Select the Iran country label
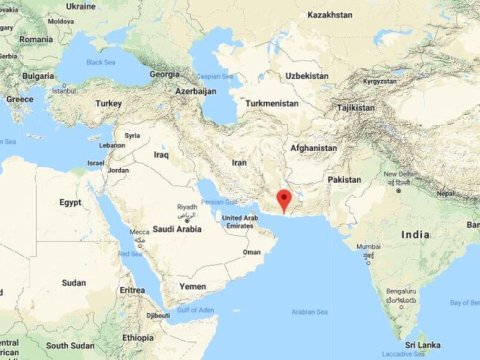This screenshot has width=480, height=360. (240, 161)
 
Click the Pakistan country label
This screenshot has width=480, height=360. (344, 179)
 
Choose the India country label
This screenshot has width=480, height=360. (415, 234)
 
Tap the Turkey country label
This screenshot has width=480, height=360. (108, 103)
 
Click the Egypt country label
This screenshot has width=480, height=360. (70, 202)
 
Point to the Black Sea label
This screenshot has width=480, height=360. (102, 61)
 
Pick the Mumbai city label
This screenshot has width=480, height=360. (368, 246)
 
